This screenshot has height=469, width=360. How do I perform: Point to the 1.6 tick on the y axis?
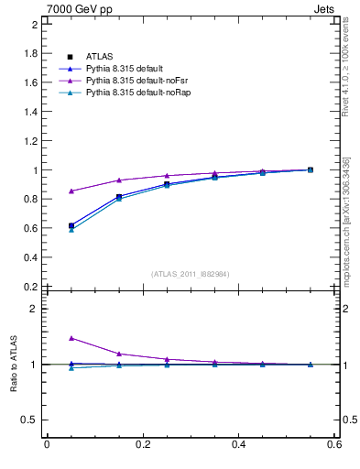30,82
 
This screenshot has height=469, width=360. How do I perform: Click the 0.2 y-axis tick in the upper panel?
30,287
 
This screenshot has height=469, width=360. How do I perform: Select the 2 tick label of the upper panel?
34,24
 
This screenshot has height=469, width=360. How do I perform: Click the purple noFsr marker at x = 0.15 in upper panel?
119,180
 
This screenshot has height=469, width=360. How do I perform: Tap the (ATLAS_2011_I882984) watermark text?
191,274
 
